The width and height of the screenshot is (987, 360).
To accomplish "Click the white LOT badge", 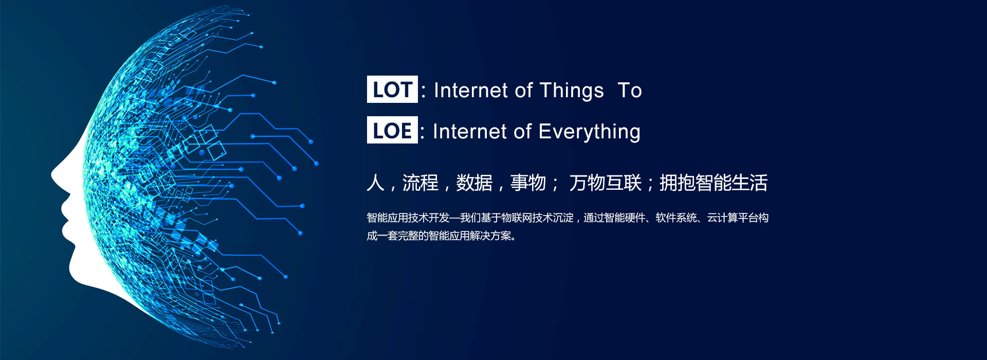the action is click(392, 89).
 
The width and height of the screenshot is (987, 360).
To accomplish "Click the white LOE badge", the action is click(392, 130).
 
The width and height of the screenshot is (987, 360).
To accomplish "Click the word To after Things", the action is click(630, 91).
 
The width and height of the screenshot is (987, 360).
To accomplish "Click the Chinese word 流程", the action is click(421, 183).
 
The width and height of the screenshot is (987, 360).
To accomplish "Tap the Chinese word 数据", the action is click(474, 183).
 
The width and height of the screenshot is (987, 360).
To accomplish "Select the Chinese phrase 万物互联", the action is click(606, 183).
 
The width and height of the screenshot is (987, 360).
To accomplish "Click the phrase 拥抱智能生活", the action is click(714, 183).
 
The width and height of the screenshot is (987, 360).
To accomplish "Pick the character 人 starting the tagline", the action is click(376, 183).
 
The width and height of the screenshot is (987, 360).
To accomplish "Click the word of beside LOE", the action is click(522, 132).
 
